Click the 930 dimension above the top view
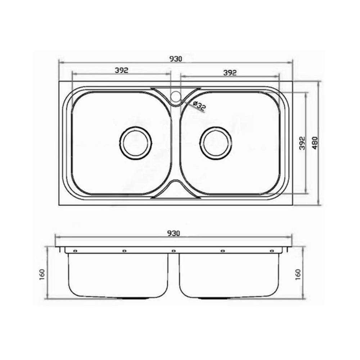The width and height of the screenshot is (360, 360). click(176, 59)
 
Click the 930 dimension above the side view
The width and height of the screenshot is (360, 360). click(174, 233)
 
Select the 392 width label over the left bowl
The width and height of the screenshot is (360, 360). click(121, 70)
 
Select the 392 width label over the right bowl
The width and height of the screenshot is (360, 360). click(230, 73)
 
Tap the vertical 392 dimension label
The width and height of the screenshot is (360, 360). click(303, 143)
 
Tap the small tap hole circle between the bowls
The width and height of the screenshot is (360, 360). click(176, 96)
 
